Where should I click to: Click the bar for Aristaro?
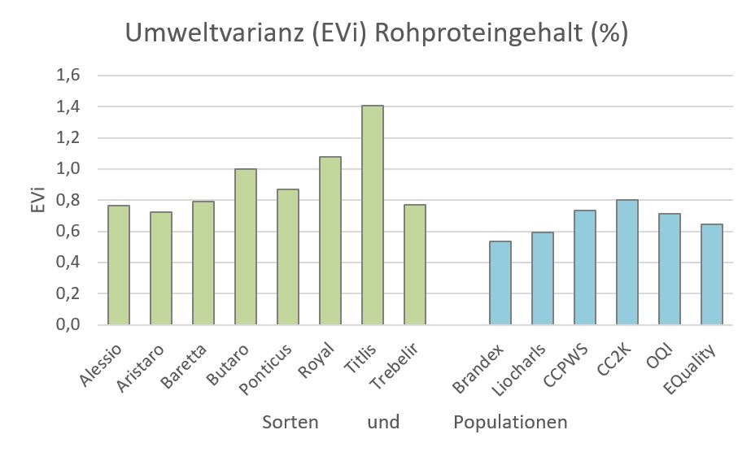point(160,268)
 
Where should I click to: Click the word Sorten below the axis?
point(290,423)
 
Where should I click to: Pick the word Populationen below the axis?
point(510,423)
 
